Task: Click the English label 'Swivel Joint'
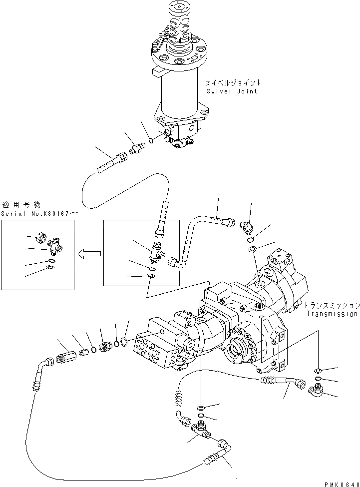point(232,91)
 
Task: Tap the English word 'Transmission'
point(332,314)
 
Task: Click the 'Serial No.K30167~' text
point(39,213)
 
